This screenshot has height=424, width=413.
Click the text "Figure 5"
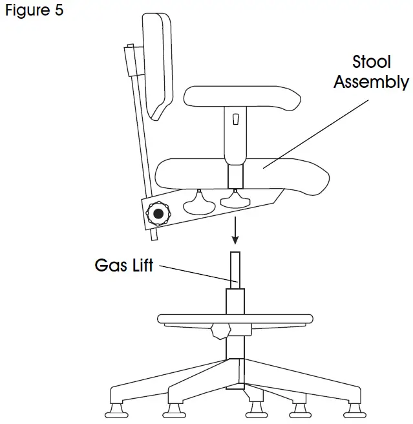[34, 11]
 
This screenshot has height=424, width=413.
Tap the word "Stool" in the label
[372, 62]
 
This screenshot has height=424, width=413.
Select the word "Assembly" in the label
[371, 83]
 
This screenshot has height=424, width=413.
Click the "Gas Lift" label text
[124, 265]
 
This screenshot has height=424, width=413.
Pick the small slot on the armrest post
[235, 119]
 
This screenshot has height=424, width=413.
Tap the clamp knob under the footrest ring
[220, 332]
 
